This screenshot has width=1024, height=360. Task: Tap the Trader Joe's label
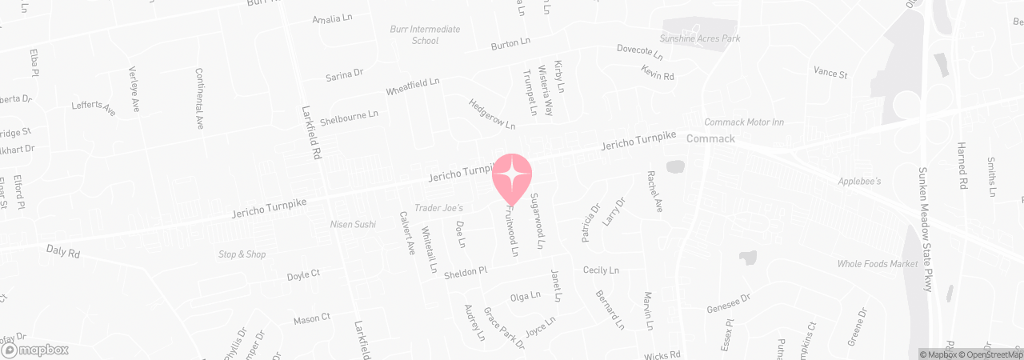pos(439,208)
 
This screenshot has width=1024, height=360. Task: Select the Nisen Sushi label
pos(353,224)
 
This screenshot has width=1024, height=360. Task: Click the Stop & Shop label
pos(242,254)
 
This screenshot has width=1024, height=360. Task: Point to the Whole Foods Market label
pos(878,264)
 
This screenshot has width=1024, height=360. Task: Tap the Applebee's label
pos(859,182)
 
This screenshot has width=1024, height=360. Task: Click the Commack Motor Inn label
pos(743,122)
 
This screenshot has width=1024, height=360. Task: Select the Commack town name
pos(711,138)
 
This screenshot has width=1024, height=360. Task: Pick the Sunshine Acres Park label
pos(700,38)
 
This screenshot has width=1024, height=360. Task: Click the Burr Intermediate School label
pos(425,34)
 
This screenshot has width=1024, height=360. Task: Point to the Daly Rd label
pos(63,251)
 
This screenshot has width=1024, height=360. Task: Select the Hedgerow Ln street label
pos(492,114)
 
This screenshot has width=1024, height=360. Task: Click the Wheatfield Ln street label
pos(413,86)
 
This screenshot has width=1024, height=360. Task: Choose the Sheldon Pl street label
pos(466,270)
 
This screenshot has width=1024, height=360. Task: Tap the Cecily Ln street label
pos(602,270)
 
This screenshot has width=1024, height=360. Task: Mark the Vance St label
pos(830,73)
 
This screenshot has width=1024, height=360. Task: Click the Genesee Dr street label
pos(728,303)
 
